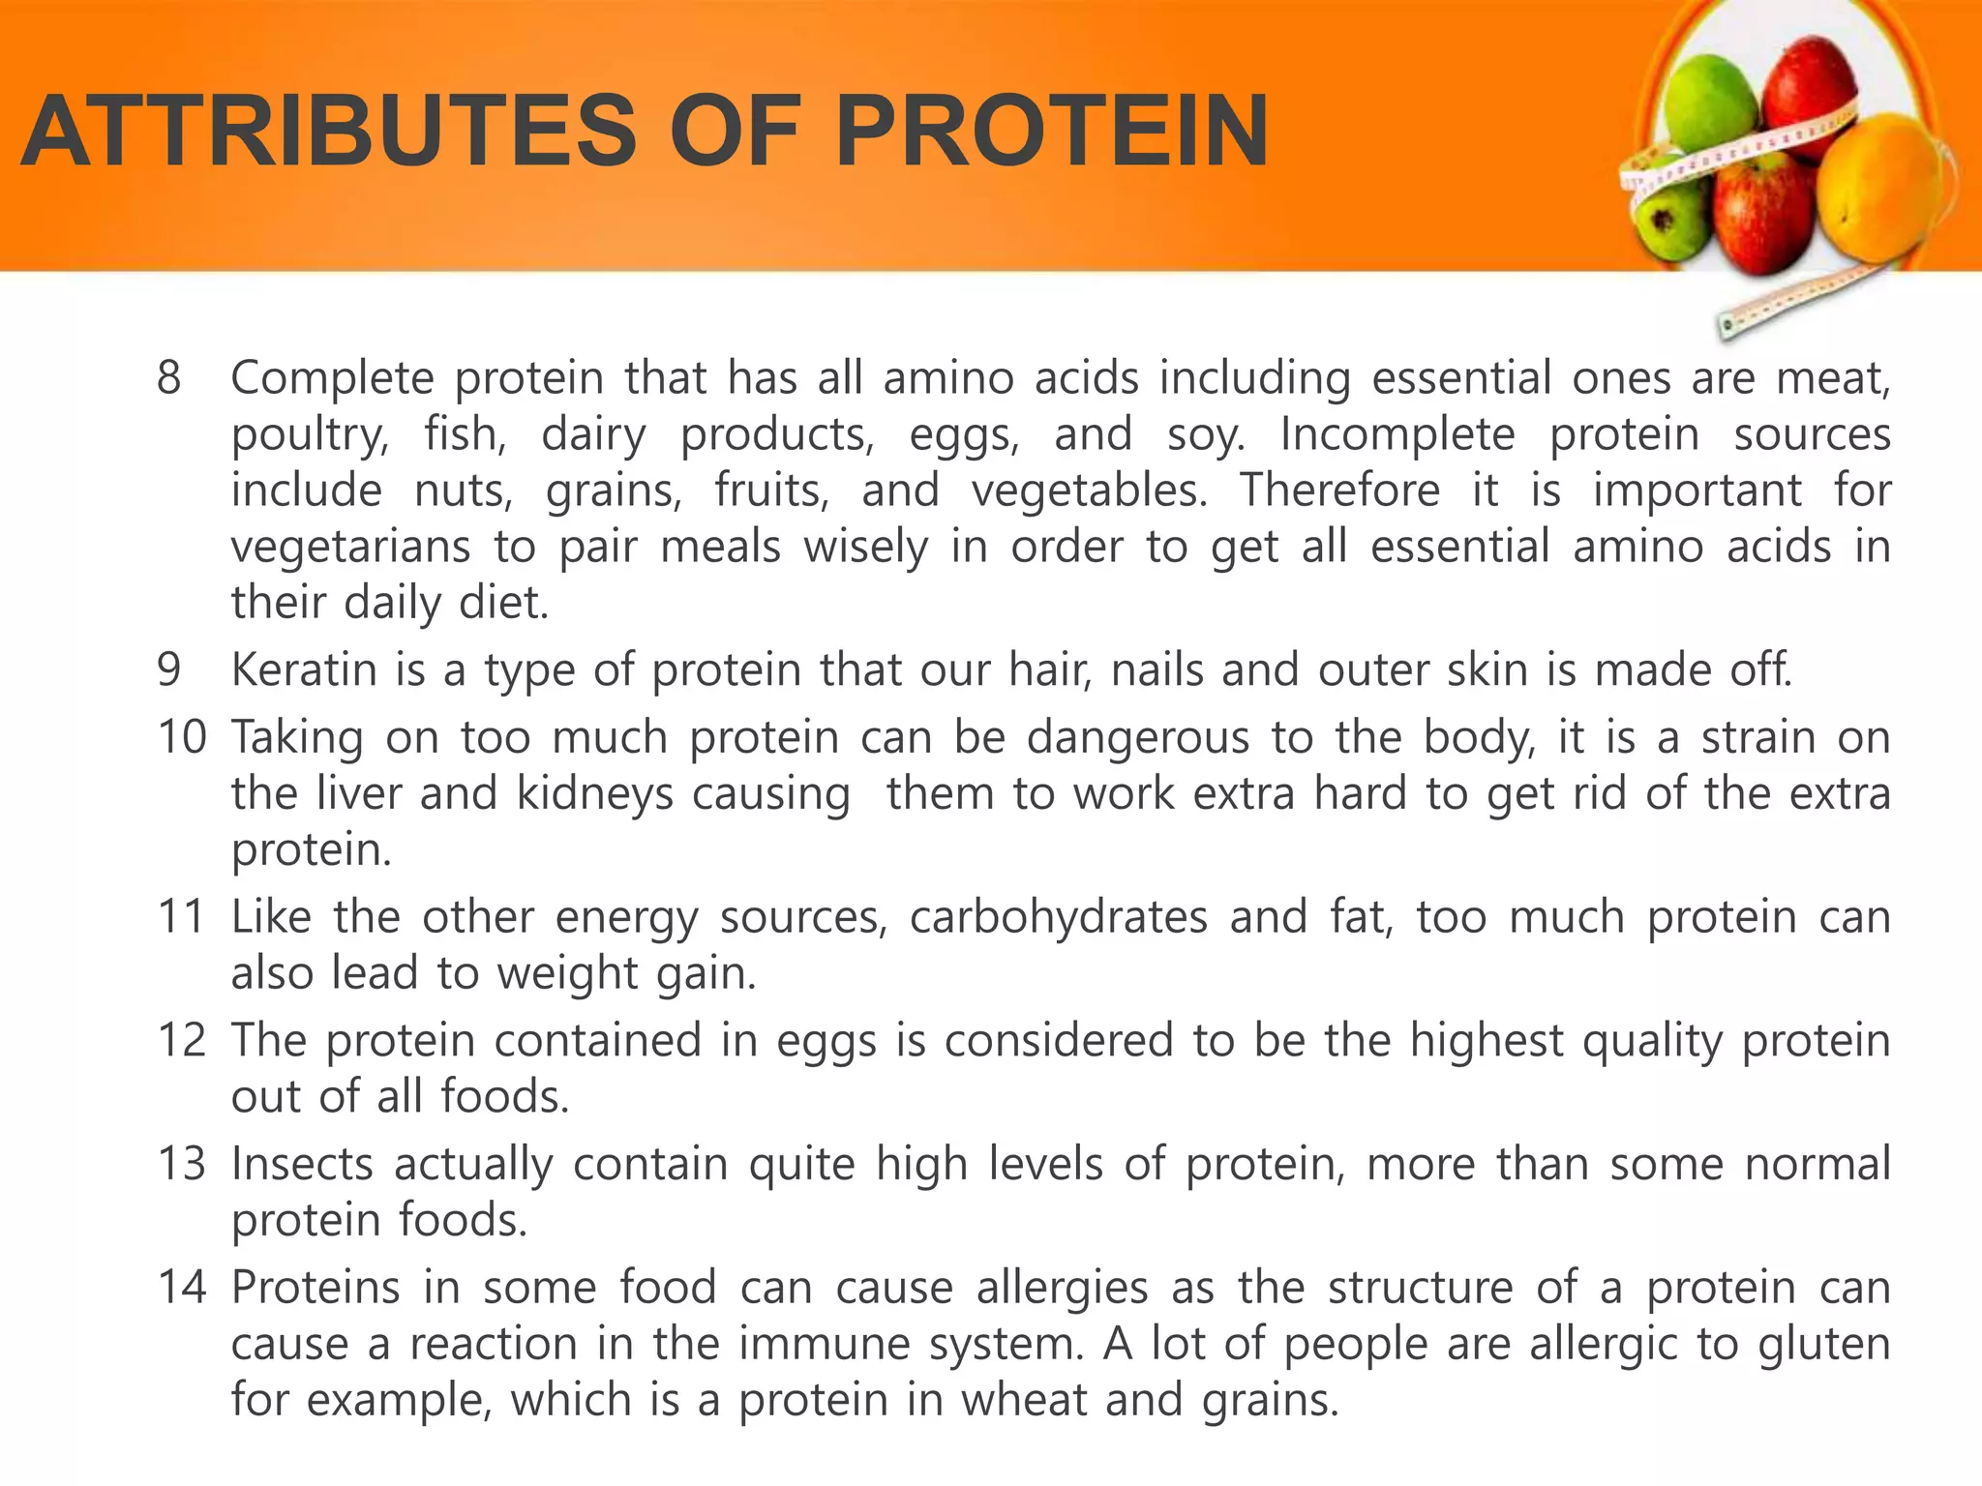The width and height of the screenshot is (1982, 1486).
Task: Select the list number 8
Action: (x=169, y=378)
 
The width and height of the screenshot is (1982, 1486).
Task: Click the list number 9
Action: (x=169, y=670)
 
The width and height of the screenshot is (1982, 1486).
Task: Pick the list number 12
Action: (x=182, y=1041)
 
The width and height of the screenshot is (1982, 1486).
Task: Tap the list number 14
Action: (x=182, y=1288)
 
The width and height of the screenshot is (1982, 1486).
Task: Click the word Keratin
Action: (x=303, y=670)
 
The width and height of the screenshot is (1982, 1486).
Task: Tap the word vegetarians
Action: (x=350, y=548)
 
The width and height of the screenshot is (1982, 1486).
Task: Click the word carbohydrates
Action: (x=1058, y=917)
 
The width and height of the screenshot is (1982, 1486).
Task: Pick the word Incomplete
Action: (x=1396, y=434)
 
